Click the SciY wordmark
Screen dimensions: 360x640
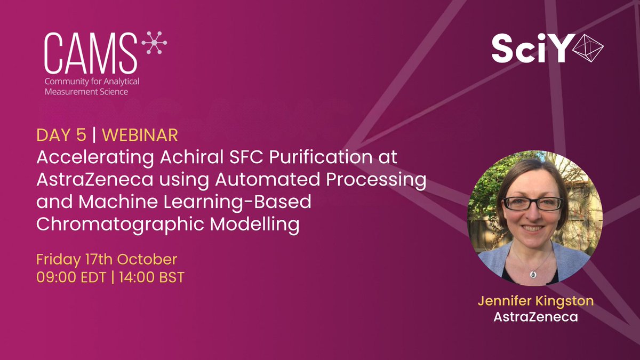coord(528,50)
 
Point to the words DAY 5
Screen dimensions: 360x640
coord(61,135)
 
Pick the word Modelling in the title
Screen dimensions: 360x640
coord(255,224)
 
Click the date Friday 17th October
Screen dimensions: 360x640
coord(106,260)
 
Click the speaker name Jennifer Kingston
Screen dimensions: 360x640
coord(535,301)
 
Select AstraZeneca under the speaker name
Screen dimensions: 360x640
coord(535,317)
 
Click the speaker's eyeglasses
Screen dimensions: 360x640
coord(533,203)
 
